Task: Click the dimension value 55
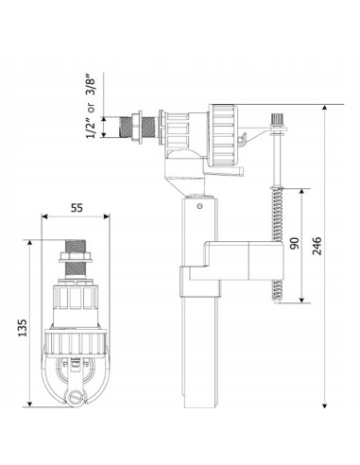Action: [77, 208]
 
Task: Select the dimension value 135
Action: [23, 328]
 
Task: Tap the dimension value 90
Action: [295, 243]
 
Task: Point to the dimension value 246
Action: [317, 246]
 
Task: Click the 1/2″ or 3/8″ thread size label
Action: [91, 106]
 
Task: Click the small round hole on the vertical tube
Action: [199, 206]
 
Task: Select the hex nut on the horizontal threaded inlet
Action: [137, 127]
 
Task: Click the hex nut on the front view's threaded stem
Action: [76, 257]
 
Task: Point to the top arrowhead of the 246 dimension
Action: [325, 109]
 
